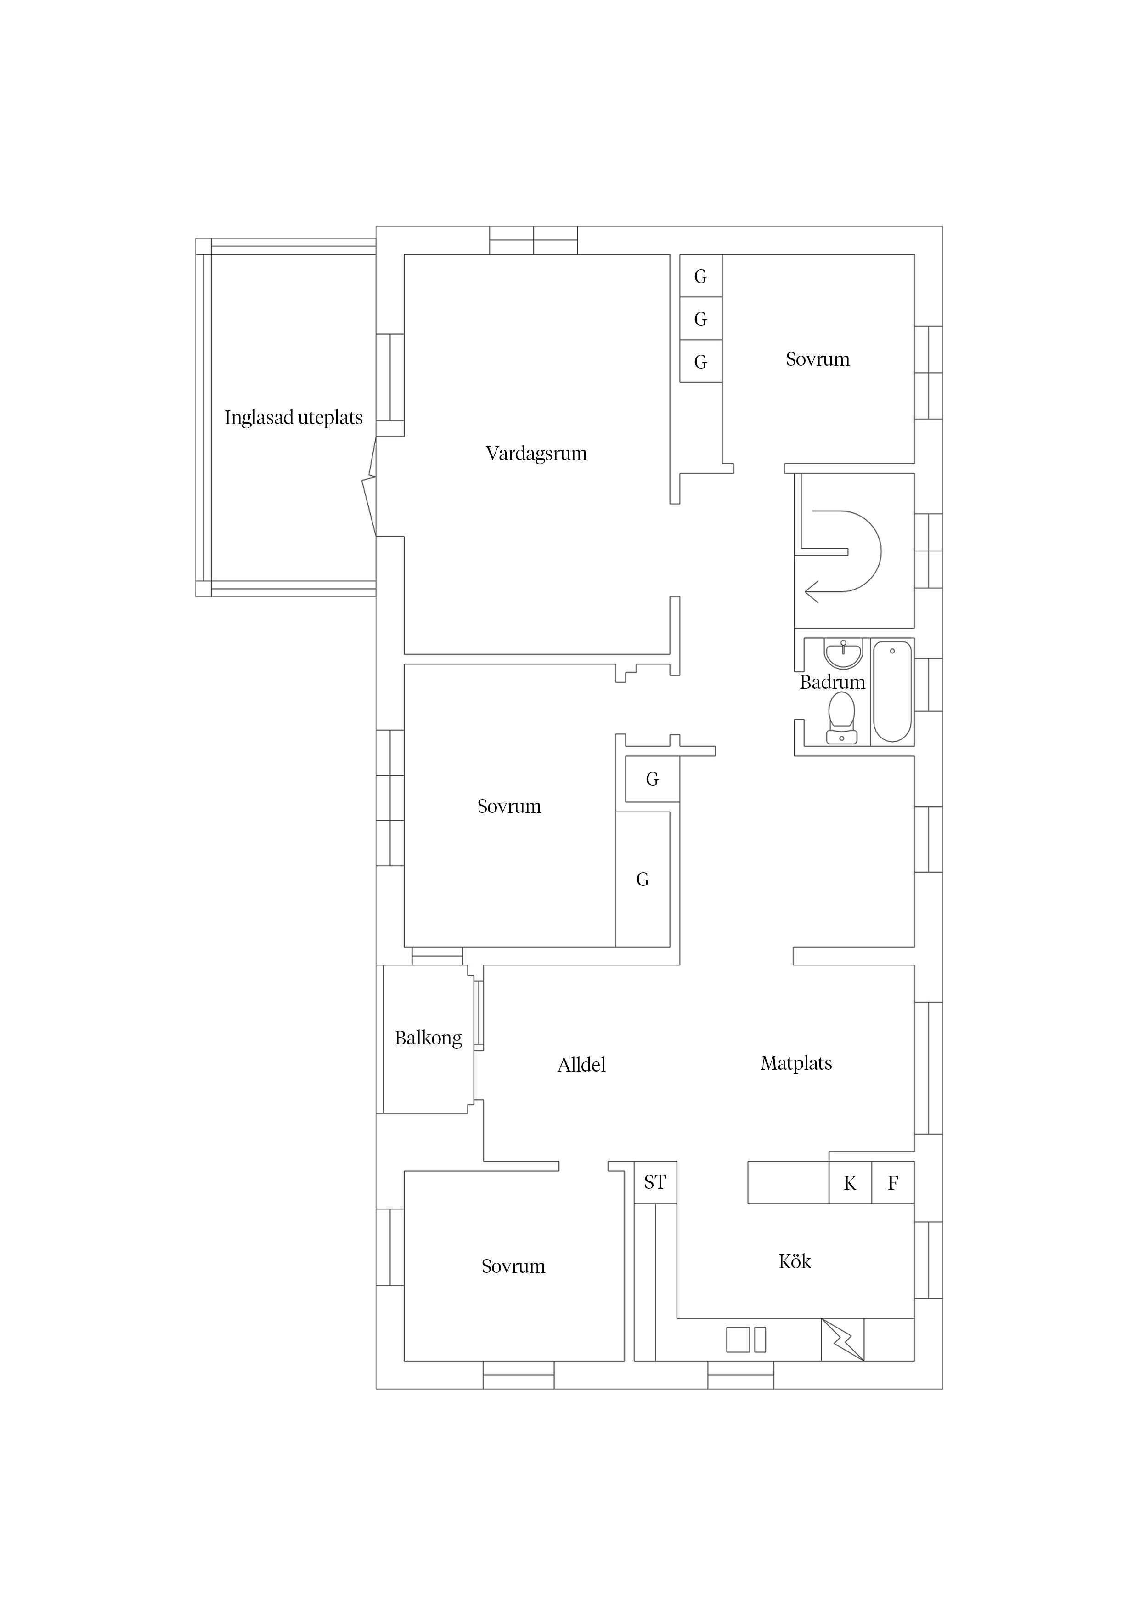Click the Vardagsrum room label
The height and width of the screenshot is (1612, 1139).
536,454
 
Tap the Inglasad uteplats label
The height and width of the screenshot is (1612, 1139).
293,418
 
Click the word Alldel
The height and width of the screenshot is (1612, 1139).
581,1065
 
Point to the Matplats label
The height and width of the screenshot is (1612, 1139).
796,1064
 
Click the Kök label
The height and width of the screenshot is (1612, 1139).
795,1262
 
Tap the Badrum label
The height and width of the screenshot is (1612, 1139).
832,682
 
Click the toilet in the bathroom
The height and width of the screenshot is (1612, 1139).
841,717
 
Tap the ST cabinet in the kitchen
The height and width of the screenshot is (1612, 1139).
655,1182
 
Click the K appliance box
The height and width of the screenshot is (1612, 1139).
850,1183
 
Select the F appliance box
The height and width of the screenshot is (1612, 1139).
893,1183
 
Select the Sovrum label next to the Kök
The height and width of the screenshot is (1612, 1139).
513,1266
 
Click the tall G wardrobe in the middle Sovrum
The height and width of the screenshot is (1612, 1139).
643,880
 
